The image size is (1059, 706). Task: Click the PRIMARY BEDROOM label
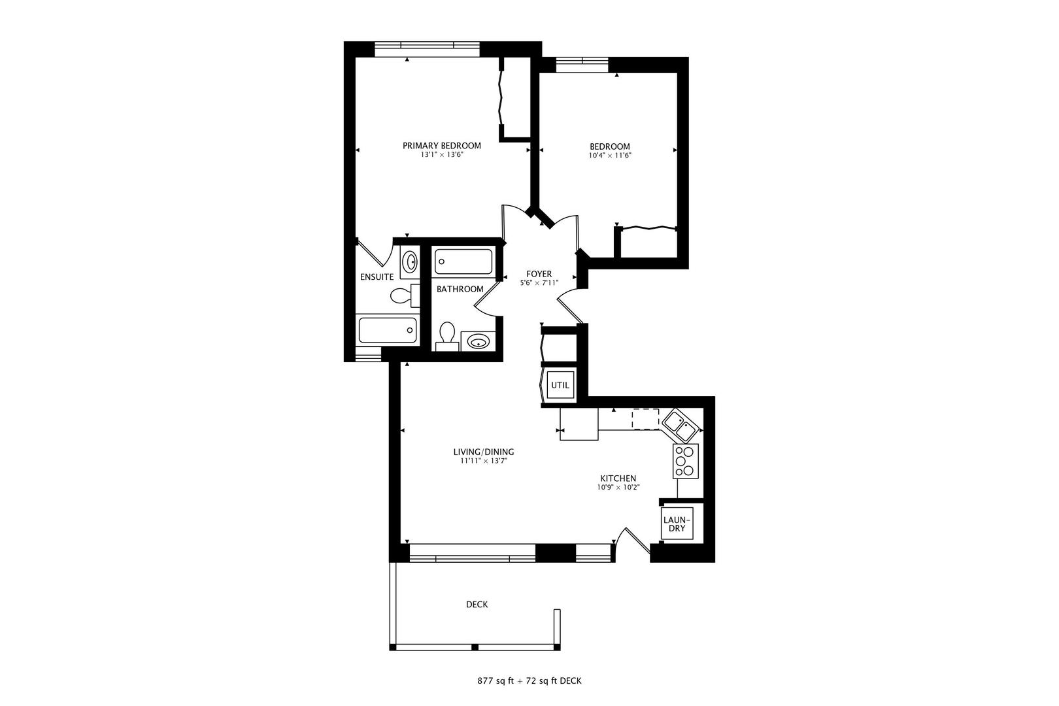click(441, 146)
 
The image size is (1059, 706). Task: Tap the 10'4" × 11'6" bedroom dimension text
click(610, 155)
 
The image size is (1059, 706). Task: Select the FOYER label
click(539, 275)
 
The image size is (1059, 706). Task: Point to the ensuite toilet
click(405, 295)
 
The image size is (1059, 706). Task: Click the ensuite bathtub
click(388, 330)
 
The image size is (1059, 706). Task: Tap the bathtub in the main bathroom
click(463, 261)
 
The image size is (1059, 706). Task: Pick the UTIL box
click(560, 385)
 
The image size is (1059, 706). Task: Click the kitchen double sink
click(681, 425)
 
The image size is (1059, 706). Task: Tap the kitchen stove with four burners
click(686, 461)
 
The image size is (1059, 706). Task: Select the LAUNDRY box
click(677, 524)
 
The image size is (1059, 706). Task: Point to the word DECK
click(477, 604)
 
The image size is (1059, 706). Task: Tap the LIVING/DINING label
click(484, 452)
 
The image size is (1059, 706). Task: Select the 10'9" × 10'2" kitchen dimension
click(618, 487)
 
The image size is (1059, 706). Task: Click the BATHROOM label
click(460, 289)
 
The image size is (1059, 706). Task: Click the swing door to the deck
click(638, 541)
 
